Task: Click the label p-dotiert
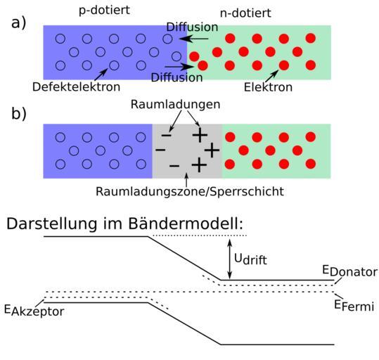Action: point(104,11)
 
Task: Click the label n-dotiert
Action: point(245,13)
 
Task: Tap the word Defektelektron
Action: point(77,86)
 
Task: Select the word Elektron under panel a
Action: point(268,87)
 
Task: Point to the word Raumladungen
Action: point(176,105)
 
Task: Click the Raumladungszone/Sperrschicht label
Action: point(190,191)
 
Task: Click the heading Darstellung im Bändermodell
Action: point(124,224)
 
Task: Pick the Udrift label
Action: point(250,259)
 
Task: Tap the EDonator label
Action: point(350,271)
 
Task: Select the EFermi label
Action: point(354,306)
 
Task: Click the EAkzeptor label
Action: point(34,311)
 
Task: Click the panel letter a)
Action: point(18,23)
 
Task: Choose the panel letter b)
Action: point(18,114)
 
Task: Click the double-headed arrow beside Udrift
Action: point(230,259)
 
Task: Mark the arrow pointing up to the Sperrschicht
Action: point(186,179)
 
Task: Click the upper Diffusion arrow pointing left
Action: point(194,39)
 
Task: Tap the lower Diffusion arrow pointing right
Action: point(179,66)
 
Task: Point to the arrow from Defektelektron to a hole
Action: point(101,75)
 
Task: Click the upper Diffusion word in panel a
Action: point(192,27)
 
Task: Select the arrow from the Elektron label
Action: point(271,76)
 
